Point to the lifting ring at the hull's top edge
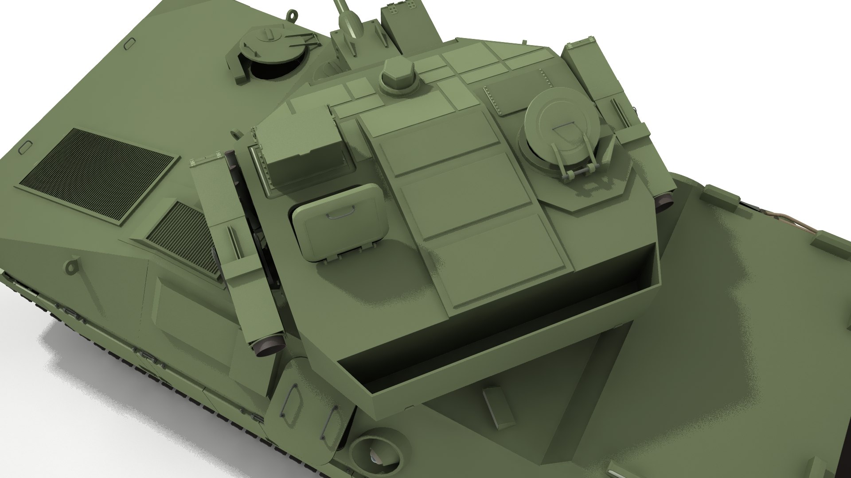click(x=292, y=15)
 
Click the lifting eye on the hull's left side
click(x=71, y=267)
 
